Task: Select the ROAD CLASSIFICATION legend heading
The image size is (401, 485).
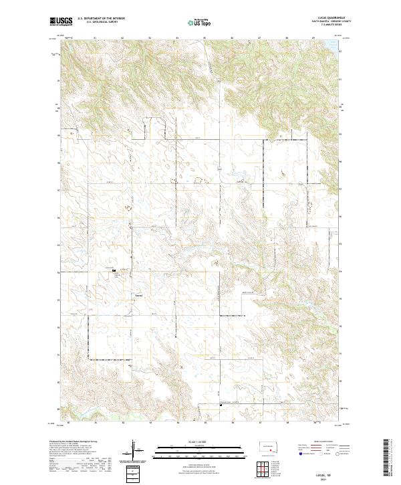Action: coord(307,442)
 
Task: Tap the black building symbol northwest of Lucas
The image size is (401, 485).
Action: coord(114,271)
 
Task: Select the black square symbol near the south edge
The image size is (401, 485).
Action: coord(221,403)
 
